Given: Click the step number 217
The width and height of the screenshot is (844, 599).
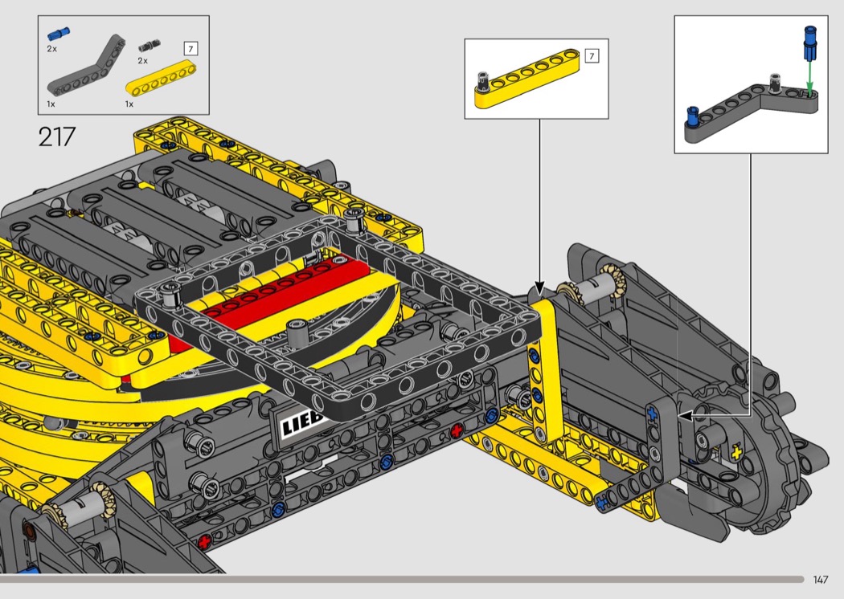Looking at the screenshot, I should point(56,137).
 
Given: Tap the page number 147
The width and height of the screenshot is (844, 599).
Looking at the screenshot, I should point(820,580).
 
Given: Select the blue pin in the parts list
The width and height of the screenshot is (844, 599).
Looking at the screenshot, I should point(58,34).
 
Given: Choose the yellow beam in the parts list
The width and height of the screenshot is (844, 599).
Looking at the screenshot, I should point(161,80).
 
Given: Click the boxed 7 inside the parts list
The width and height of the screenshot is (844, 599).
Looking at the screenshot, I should point(190,49).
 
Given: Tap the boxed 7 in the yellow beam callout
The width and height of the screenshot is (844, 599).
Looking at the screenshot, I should point(592,56).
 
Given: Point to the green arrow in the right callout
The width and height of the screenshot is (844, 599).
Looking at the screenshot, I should point(810,75).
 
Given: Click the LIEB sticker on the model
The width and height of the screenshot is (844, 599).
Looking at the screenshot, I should point(301,422).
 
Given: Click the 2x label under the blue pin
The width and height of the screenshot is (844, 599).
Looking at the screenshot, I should point(52,49).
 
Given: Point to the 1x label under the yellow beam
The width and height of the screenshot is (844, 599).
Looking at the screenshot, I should point(129,104).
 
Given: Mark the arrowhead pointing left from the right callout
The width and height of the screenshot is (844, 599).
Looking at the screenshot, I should point(685,415).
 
